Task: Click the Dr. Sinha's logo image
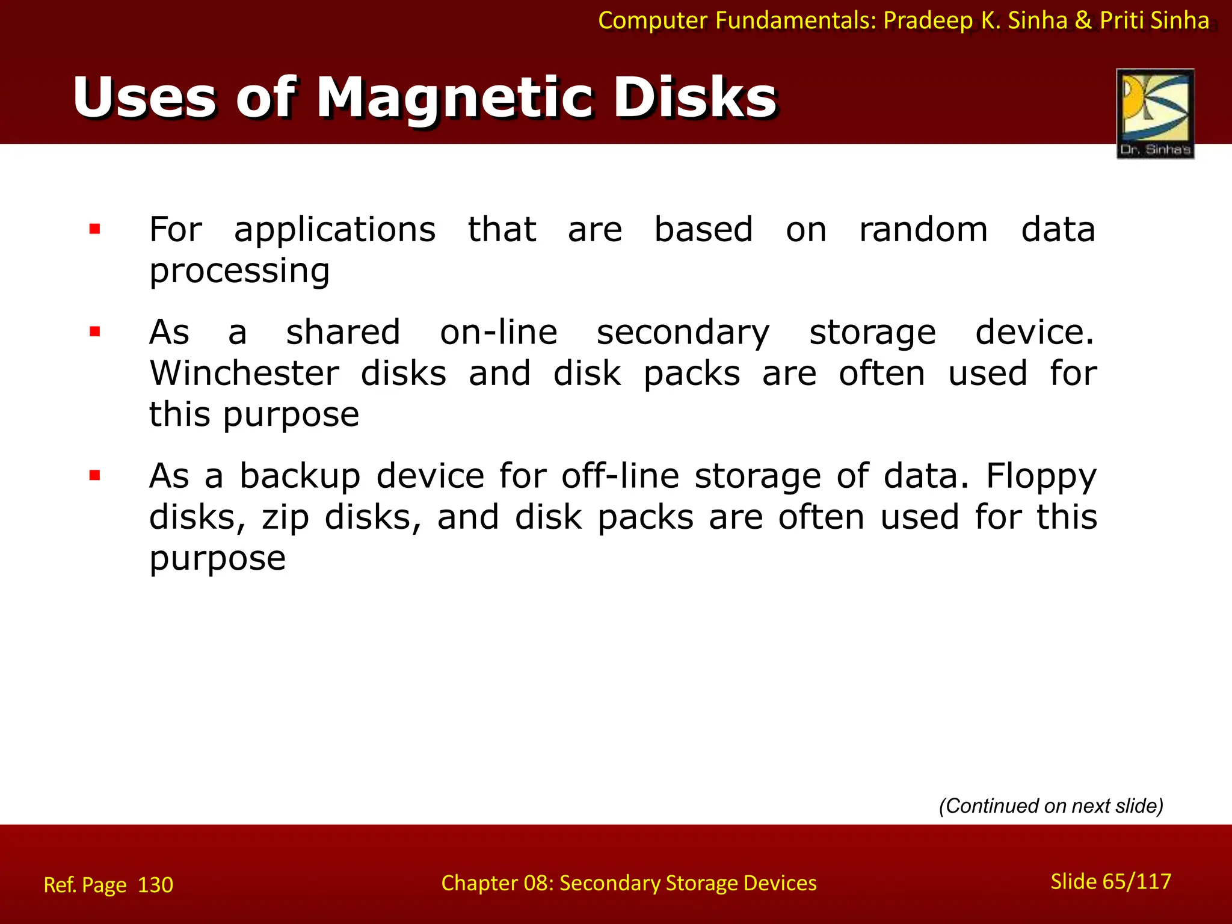point(1155,113)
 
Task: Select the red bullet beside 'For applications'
point(94,229)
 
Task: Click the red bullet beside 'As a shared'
point(94,331)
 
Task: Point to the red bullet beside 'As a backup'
point(94,476)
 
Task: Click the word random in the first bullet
point(923,230)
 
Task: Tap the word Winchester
point(244,374)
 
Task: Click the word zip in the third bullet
point(285,518)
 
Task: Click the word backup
point(300,476)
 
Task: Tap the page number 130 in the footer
point(155,885)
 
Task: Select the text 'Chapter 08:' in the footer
point(496,883)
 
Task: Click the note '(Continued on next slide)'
point(1051,805)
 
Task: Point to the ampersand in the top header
point(1083,20)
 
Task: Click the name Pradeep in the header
point(928,21)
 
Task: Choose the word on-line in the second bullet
point(499,332)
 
